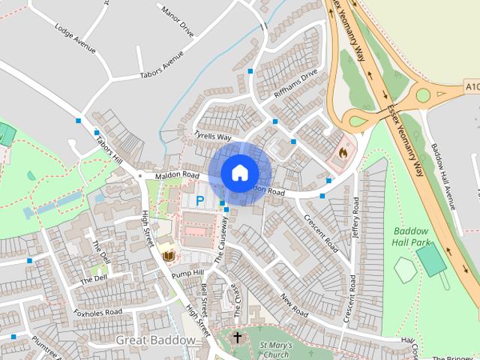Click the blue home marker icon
(x=239, y=172)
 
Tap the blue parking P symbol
(x=199, y=200)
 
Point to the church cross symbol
(x=238, y=337)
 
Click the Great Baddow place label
(x=155, y=340)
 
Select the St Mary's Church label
(x=274, y=349)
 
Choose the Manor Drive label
(x=177, y=22)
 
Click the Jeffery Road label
(x=355, y=217)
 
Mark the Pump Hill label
(x=187, y=273)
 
